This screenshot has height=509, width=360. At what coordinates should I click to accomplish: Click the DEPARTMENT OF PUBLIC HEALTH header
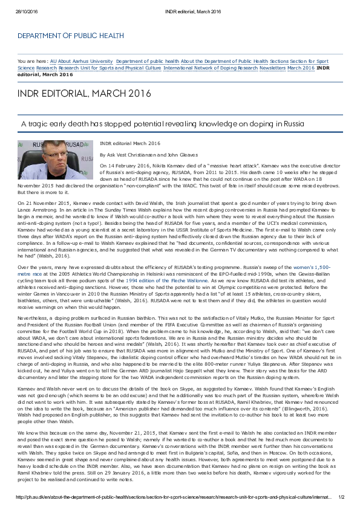coord(70,36)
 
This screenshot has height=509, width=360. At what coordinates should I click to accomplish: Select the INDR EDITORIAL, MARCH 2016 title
coord(84,94)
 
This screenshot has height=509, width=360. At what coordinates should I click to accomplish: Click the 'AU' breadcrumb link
coord(53,62)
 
